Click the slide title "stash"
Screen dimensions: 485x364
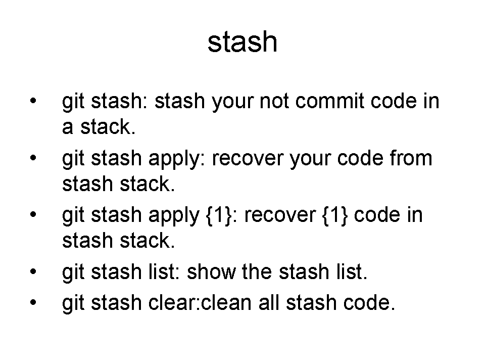242,42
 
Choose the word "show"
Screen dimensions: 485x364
211,271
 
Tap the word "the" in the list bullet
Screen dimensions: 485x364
257,271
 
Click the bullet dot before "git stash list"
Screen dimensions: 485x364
33,272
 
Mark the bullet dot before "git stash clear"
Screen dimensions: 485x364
33,302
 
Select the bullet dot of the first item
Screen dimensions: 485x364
33,101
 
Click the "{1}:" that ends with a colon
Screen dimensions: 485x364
221,215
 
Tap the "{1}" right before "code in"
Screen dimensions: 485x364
335,215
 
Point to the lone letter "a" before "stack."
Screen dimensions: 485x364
68,127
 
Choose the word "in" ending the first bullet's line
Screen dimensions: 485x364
431,101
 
